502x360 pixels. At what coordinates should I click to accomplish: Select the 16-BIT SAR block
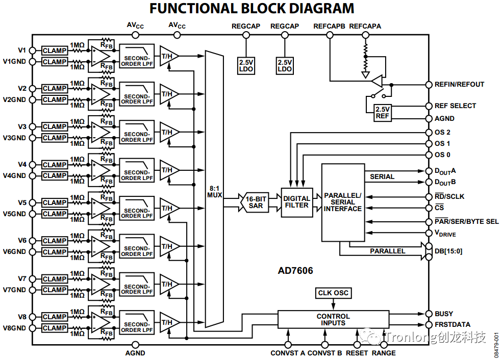click(255, 202)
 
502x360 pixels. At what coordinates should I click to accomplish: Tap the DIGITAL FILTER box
click(296, 202)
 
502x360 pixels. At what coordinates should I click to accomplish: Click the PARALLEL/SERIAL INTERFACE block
click(343, 202)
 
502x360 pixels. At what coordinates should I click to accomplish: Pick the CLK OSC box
click(333, 293)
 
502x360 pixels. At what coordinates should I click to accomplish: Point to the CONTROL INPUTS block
click(333, 320)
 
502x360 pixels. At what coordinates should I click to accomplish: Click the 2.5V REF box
click(382, 113)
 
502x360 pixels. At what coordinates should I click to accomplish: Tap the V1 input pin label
click(22, 50)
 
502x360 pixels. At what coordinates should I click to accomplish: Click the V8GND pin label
click(15, 328)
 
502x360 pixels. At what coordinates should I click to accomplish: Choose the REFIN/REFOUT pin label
click(459, 85)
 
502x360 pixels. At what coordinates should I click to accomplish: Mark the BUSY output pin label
click(443, 314)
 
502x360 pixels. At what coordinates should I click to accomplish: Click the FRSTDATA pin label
click(452, 325)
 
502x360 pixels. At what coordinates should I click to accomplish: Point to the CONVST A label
click(288, 353)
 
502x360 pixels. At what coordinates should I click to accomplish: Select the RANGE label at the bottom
click(384, 353)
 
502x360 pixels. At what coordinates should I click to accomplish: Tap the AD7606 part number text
click(296, 271)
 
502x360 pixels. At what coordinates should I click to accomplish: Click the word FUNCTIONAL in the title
click(192, 9)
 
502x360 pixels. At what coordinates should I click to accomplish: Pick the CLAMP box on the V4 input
click(55, 165)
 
